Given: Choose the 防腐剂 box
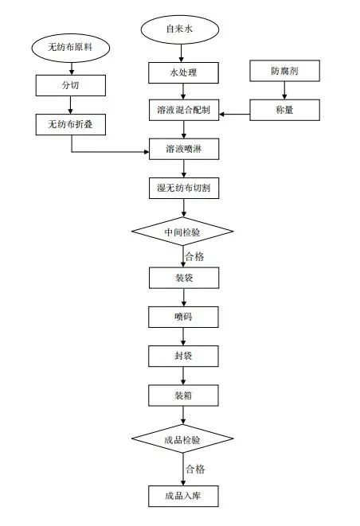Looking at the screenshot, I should click(284, 71).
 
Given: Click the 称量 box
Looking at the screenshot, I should click(284, 110).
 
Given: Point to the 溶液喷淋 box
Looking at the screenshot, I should click(184, 150).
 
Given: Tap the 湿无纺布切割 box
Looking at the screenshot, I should click(184, 189).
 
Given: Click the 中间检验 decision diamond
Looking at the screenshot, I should click(182, 232).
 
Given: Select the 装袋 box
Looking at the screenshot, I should click(184, 278).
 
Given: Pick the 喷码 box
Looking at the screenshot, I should click(184, 317).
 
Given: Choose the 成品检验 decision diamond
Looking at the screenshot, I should click(182, 439).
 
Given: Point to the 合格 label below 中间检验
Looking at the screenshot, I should click(195, 256).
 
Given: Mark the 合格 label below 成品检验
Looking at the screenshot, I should click(195, 468).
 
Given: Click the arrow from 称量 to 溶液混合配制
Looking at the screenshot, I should click(235, 115).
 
